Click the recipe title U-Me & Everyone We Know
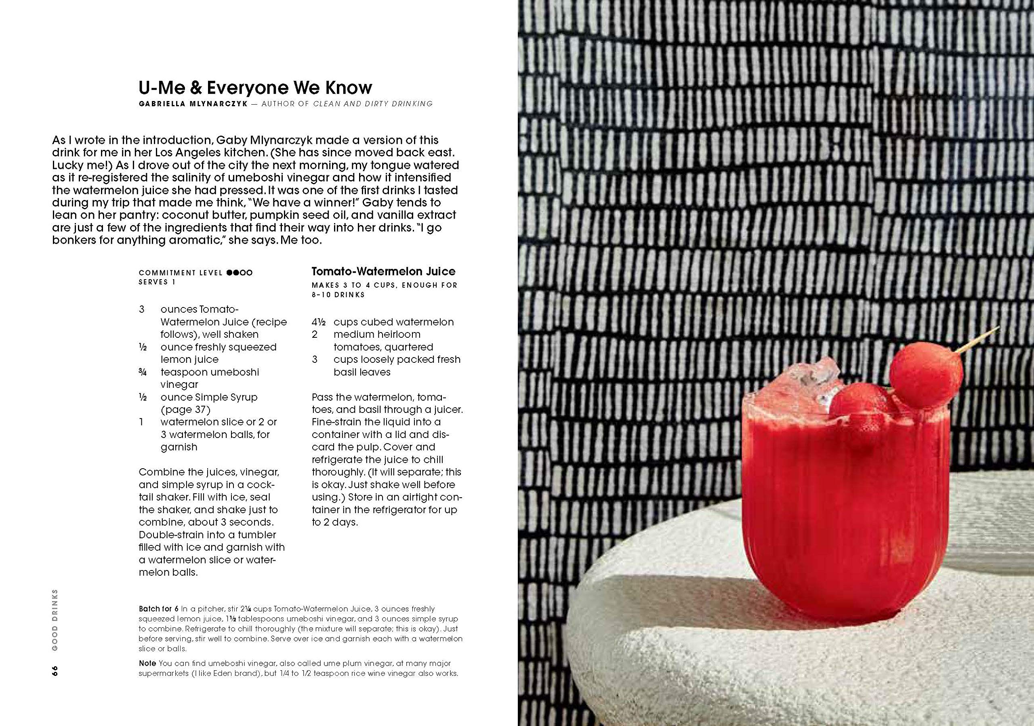(255, 87)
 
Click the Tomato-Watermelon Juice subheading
(383, 271)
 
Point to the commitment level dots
(240, 272)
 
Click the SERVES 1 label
(157, 282)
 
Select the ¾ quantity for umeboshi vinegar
(142, 372)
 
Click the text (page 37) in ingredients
(185, 410)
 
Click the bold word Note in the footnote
(147, 663)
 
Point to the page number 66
(55, 671)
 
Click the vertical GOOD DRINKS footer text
(55, 619)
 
